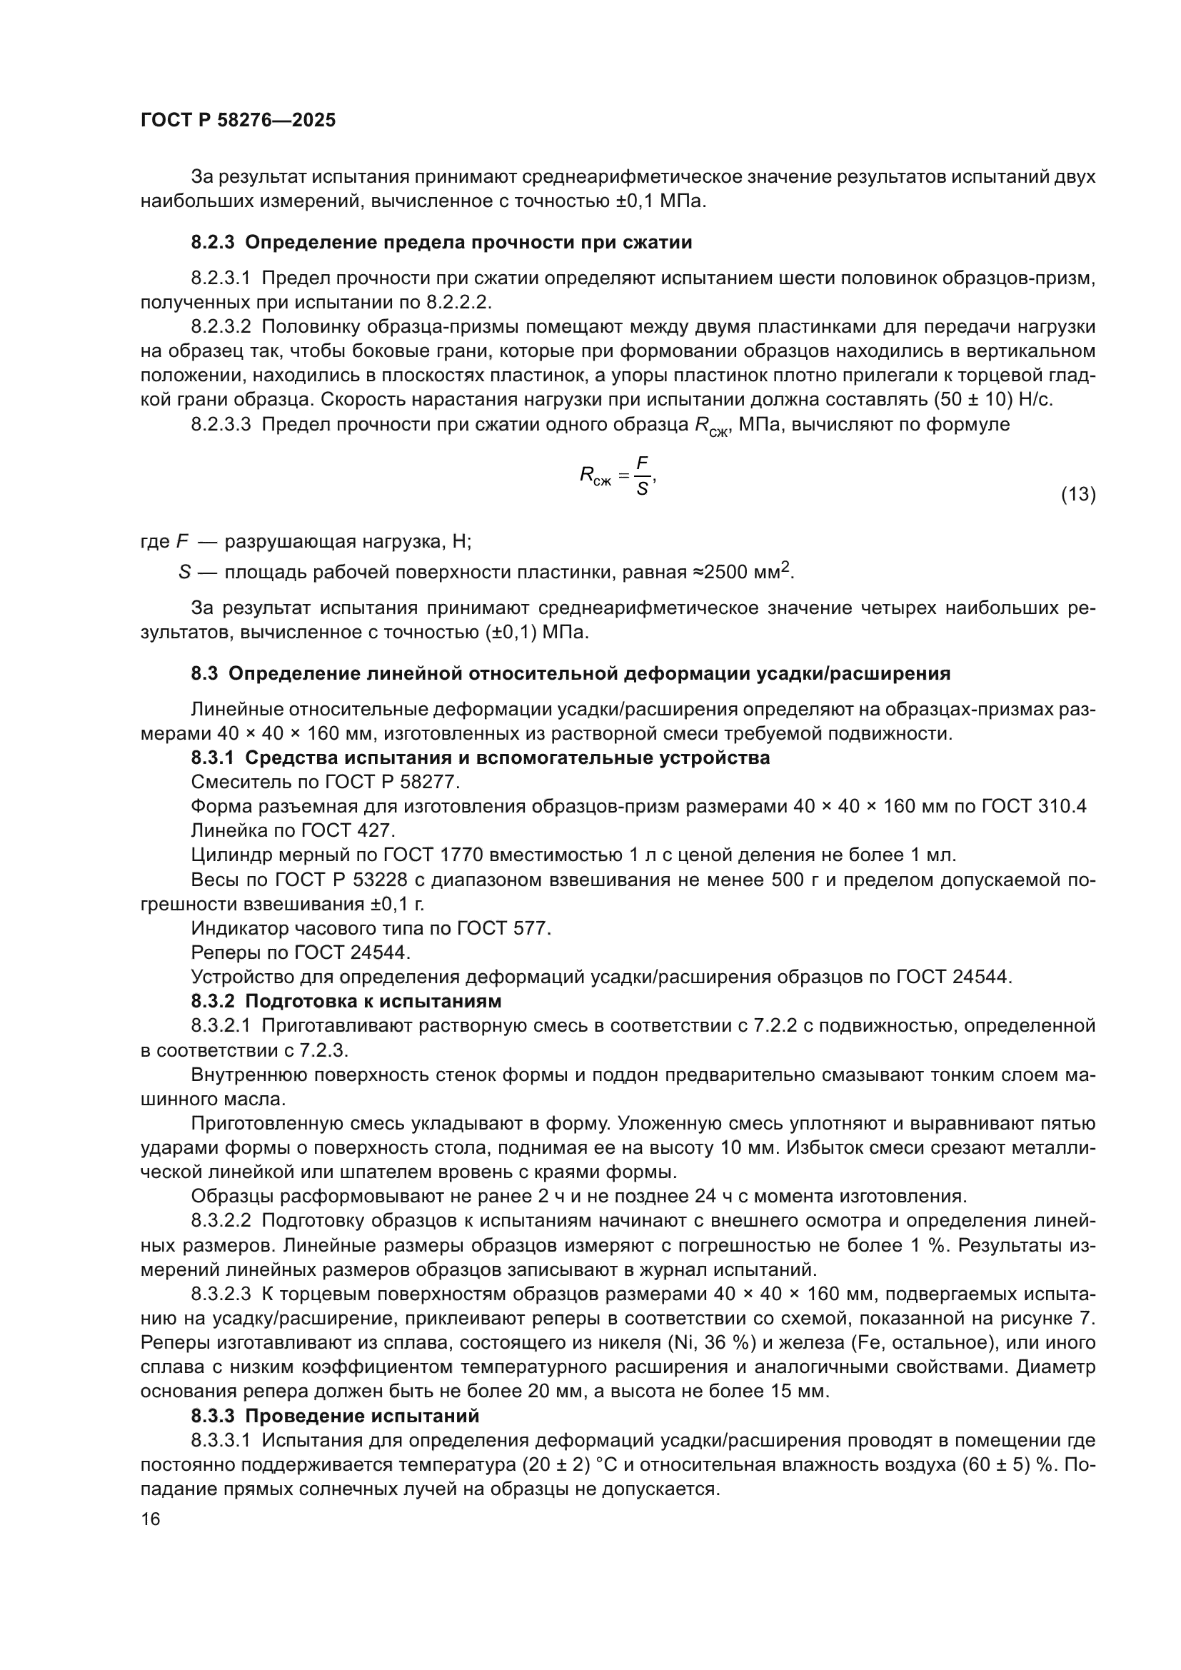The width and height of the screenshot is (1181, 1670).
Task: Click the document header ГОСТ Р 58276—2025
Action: click(238, 120)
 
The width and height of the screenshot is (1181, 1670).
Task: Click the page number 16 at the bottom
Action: click(151, 1519)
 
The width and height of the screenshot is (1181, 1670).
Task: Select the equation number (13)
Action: click(1077, 495)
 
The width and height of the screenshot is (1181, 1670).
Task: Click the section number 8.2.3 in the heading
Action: click(212, 243)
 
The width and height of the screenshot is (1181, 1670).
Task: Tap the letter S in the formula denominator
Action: click(641, 489)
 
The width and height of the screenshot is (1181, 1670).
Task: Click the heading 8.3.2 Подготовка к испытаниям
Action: click(346, 1001)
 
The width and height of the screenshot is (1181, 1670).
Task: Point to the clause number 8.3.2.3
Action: click(221, 1294)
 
